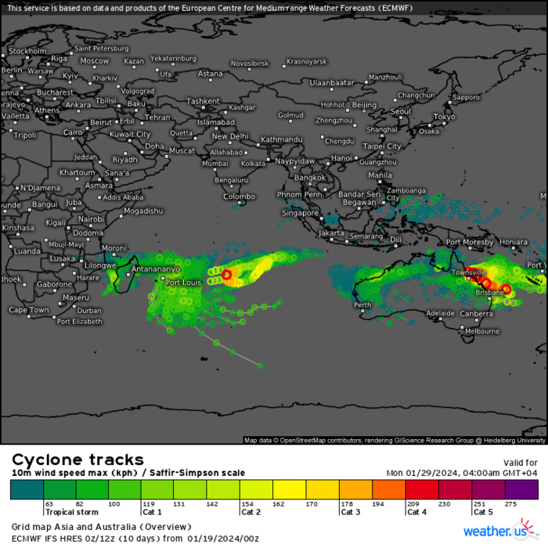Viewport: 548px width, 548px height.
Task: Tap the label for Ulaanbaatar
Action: pyautogui.click(x=332, y=82)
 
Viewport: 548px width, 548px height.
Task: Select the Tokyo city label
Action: pyautogui.click(x=444, y=117)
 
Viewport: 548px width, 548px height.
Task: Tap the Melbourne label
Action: pyautogui.click(x=482, y=331)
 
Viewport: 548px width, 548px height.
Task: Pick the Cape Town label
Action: pyautogui.click(x=29, y=310)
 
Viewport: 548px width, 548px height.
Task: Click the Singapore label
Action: pyautogui.click(x=301, y=212)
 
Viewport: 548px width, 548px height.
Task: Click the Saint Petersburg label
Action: pyautogui.click(x=101, y=48)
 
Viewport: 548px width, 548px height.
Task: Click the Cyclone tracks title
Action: pyautogui.click(x=77, y=460)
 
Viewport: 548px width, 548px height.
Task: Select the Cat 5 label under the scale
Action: pyautogui.click(x=483, y=512)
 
